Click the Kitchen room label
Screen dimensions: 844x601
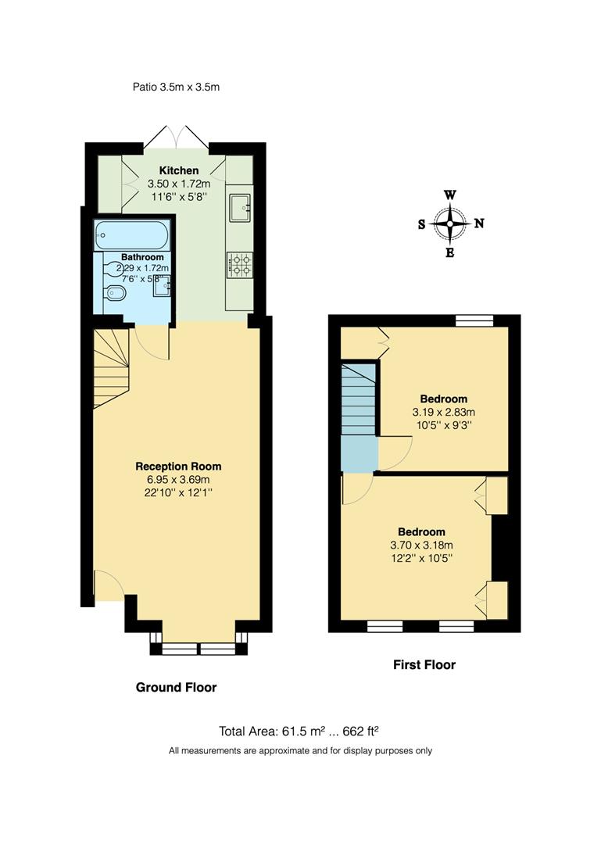coord(179,170)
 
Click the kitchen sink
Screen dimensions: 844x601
coord(239,206)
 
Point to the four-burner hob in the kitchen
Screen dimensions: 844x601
coord(238,264)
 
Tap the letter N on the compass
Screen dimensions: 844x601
coord(479,224)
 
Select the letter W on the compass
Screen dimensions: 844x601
coord(450,195)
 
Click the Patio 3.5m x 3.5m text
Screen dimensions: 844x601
coord(176,87)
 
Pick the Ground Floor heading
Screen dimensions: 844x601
coord(176,688)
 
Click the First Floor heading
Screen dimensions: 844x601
coord(424,665)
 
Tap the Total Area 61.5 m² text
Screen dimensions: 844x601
coord(299,731)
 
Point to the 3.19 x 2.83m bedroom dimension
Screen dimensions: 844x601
coord(443,412)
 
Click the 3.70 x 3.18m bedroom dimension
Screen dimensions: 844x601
coord(421,545)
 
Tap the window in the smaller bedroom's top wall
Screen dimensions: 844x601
coord(475,319)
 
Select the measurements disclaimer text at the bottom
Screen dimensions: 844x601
coord(301,751)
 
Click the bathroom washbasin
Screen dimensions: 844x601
coord(163,287)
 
